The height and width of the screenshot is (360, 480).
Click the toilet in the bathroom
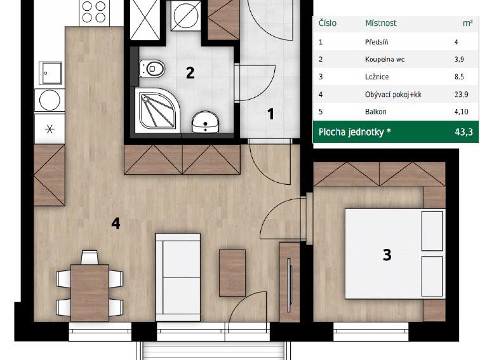pos(152,69)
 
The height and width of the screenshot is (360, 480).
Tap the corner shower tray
pos(157,110)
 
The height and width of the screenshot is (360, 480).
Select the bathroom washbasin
pos(206,122)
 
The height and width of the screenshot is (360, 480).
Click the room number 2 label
pos(190,73)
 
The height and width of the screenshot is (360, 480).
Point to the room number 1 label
pos(270,114)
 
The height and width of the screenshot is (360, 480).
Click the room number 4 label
pos(116,223)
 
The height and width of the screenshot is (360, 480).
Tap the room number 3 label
pos(387,255)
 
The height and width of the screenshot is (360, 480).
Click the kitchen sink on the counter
pos(51,73)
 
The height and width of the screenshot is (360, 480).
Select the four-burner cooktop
pos(94,12)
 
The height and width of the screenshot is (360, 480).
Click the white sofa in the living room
pos(178,277)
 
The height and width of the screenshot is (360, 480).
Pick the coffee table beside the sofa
pos(232,273)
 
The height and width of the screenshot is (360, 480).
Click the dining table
pos(90,293)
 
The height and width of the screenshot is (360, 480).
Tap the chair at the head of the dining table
pos(90,257)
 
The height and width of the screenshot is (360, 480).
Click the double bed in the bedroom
pos(395,254)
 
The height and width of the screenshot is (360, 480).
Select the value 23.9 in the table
pos(462,94)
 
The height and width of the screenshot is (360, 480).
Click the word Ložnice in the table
pos(377,77)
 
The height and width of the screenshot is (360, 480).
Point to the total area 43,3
pos(463,132)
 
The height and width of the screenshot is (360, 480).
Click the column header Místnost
pos(381,23)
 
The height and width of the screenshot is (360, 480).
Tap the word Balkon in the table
pos(376,112)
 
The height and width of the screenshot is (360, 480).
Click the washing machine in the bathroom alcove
pos(186,16)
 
